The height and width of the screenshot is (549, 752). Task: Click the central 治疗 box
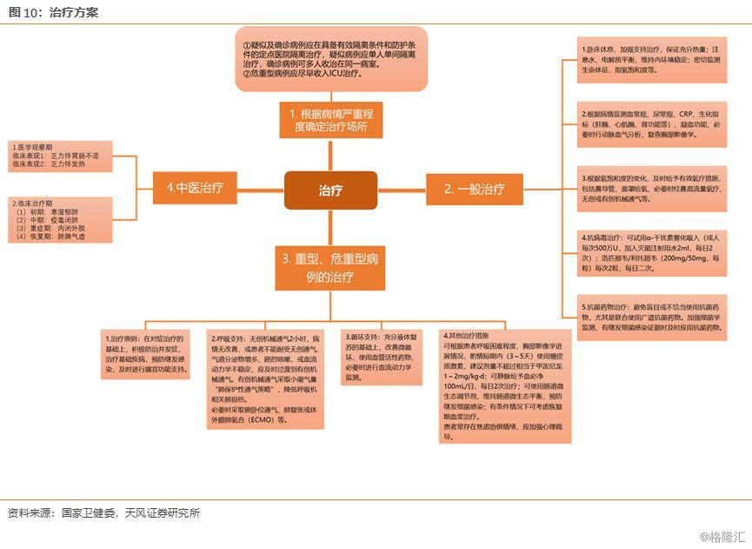(x=330, y=190)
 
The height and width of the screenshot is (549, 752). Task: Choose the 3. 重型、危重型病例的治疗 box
(x=330, y=268)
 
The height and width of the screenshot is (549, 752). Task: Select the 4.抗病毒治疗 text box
(x=652, y=253)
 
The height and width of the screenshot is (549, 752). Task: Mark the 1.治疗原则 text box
(x=146, y=354)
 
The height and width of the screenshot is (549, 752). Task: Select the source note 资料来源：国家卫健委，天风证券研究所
(x=103, y=512)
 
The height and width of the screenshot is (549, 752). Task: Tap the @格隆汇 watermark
(x=722, y=537)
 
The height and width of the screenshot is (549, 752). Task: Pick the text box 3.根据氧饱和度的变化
(x=652, y=187)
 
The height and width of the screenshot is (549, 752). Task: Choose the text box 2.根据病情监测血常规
(x=652, y=125)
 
